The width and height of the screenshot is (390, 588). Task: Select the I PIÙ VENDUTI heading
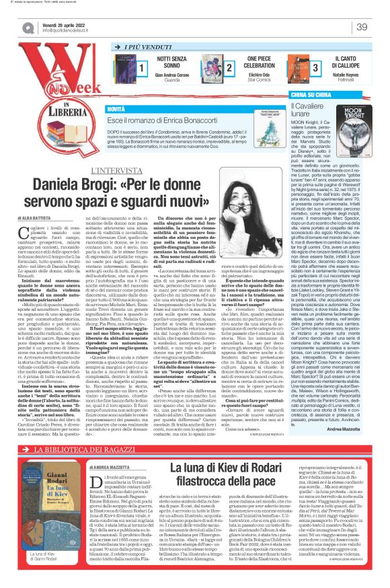pos(145,48)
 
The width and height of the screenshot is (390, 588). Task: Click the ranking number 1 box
pos(142,68)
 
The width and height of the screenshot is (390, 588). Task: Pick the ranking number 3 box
pos(315,68)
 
